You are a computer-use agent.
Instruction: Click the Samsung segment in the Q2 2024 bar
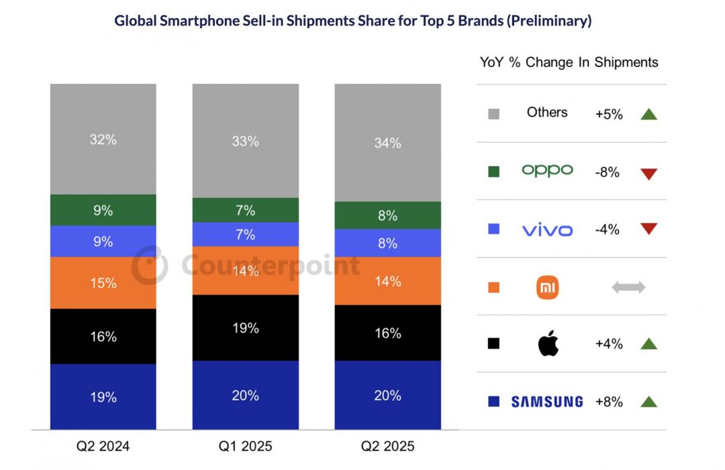(103, 396)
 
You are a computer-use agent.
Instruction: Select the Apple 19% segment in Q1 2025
(245, 328)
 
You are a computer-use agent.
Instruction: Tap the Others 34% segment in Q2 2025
(387, 142)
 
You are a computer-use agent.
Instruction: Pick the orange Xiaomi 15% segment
(103, 283)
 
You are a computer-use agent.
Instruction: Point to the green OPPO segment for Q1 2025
(245, 210)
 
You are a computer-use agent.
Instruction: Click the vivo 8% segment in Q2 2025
(387, 243)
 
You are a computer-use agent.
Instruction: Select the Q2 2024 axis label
(103, 446)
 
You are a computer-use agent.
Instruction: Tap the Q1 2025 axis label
(245, 446)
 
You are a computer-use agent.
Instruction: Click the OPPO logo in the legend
(547, 171)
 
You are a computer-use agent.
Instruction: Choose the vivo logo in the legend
(547, 230)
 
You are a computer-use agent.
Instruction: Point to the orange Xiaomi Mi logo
(548, 288)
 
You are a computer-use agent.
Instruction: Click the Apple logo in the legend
(548, 344)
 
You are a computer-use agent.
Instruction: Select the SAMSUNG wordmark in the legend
(547, 402)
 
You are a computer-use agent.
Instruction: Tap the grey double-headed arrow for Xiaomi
(628, 287)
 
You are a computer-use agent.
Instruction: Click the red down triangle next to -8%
(648, 174)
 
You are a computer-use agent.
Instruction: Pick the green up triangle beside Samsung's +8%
(648, 402)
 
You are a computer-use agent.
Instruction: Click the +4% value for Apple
(609, 344)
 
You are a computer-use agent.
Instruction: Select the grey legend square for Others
(494, 114)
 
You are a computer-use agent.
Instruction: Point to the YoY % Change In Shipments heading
(569, 62)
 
